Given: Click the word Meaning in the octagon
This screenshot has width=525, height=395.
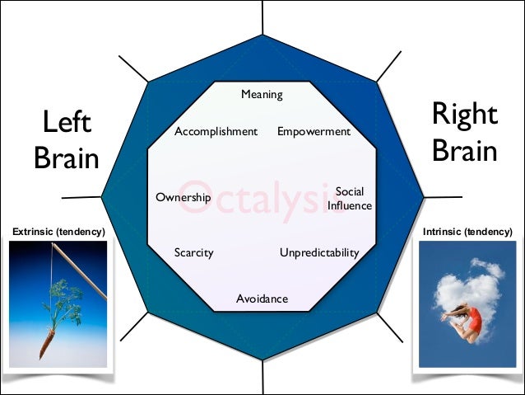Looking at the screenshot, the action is coord(262,95).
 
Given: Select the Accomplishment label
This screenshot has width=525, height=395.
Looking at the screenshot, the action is coord(216,132).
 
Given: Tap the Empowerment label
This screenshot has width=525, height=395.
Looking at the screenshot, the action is coord(314,132).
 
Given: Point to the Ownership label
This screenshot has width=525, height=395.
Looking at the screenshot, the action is coord(183,198).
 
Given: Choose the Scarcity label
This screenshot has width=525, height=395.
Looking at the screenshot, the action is coord(193,252).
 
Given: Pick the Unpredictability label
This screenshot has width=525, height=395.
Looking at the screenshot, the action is coord(319,252).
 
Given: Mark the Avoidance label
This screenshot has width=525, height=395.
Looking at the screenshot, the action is coord(262,299).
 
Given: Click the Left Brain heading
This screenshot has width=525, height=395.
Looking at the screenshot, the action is coord(67,140).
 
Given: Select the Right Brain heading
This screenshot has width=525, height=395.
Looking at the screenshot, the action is coord(464,133).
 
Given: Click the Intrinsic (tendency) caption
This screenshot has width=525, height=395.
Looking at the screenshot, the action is coord(467,233).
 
